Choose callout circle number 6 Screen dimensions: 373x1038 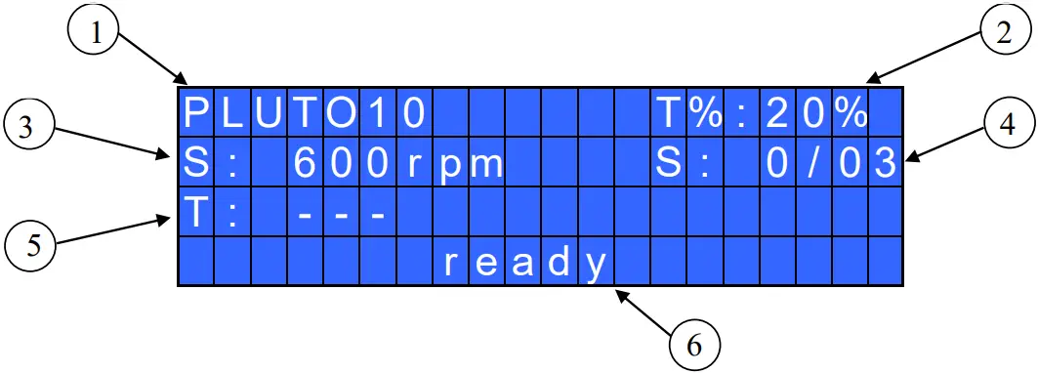tap(694, 343)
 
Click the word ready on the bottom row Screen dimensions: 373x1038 tap(525, 262)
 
